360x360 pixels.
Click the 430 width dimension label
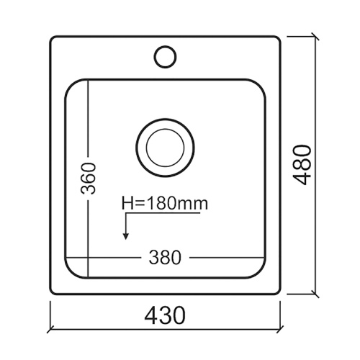[x=165, y=315]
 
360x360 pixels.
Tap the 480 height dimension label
[x=305, y=165]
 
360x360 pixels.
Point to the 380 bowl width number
[x=165, y=256]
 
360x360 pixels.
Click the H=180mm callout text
[x=165, y=204]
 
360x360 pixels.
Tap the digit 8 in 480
[x=305, y=165]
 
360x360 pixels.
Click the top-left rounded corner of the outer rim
[x=53, y=40]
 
